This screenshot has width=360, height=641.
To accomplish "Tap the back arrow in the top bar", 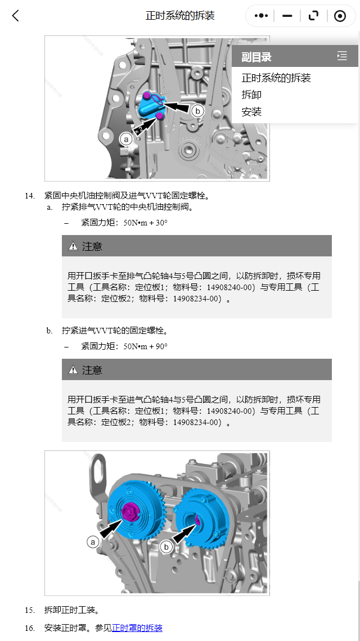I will (x=16, y=16).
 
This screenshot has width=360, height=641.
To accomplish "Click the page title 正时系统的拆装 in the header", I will (x=180, y=16).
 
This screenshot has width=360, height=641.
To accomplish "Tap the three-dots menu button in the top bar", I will (x=261, y=16).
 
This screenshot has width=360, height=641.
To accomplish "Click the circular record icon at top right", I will (x=340, y=16).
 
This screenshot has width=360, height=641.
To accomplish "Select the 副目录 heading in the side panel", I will (x=256, y=57).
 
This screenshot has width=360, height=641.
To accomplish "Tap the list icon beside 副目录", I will (x=342, y=56).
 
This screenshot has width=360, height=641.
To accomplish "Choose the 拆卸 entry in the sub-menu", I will (x=251, y=95).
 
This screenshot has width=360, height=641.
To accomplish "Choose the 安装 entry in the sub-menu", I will (x=251, y=112).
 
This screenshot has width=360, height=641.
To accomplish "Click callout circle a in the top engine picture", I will (x=126, y=138).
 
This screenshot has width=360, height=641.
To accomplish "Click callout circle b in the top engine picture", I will (x=197, y=111).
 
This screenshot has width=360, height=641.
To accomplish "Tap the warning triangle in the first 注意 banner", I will (x=73, y=246).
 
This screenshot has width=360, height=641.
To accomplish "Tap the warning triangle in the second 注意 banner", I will (x=73, y=370).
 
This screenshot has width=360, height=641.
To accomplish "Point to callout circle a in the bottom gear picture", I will (x=93, y=541).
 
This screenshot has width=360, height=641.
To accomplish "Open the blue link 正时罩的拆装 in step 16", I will (x=137, y=628).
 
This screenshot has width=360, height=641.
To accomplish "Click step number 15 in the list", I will (x=29, y=610).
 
